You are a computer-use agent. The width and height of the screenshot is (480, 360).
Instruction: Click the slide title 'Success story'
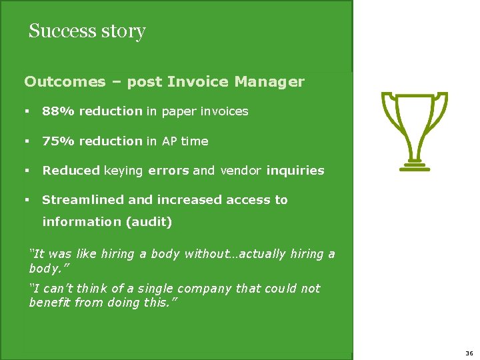pos(87,31)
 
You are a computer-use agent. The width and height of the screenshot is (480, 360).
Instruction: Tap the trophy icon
pos(413,130)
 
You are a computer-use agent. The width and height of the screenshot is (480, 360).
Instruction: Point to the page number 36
pos(469,353)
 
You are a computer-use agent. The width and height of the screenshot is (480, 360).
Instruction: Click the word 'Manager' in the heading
pos(269,82)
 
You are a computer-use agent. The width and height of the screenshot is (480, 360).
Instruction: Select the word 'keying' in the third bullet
pos(123,170)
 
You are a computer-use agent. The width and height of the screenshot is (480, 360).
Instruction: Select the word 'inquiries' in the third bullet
pos(295,170)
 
